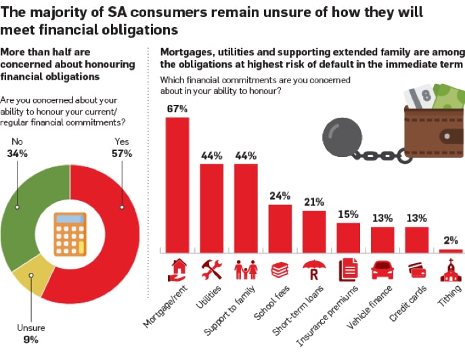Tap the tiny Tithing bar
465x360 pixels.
(451, 251)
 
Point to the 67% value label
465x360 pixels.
(177, 108)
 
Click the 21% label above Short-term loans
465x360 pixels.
(314, 202)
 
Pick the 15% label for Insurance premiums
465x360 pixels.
(349, 214)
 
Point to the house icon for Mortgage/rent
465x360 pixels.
(178, 270)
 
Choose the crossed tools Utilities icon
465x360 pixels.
(212, 270)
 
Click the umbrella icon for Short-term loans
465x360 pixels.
(314, 270)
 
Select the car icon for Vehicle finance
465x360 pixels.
(382, 270)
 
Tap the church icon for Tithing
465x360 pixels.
(451, 270)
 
